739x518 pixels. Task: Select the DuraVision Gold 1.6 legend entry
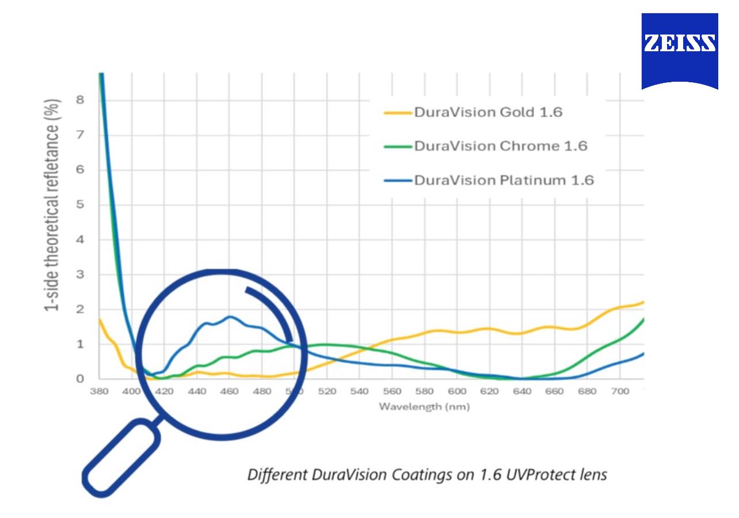487,112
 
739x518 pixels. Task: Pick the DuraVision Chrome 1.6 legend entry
500,146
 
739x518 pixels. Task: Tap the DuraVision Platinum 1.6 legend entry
504,180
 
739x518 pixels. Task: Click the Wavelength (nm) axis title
424,407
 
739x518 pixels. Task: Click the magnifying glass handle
121,458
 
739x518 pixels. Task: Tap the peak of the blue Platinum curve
230,317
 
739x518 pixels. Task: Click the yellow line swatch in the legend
398,113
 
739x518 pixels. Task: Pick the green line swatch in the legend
398,147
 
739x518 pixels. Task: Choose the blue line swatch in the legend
398,181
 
